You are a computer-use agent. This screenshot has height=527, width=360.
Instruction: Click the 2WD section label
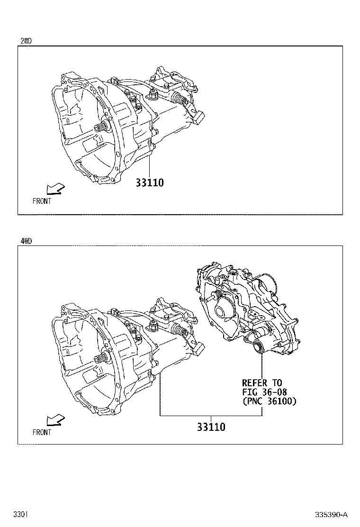26,41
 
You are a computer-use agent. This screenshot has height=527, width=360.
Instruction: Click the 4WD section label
26,241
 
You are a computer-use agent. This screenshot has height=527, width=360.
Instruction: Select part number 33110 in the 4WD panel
211,427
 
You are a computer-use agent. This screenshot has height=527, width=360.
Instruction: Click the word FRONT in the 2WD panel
42,201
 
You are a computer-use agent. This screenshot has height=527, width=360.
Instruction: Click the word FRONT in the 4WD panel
42,432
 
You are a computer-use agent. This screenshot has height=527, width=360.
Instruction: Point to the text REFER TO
262,382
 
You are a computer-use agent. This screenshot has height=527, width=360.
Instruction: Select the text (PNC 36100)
269,401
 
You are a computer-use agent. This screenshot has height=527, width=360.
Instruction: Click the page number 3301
19,514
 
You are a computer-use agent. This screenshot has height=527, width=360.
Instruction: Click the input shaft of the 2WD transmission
102,127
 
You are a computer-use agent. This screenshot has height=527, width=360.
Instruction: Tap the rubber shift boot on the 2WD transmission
180,99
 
